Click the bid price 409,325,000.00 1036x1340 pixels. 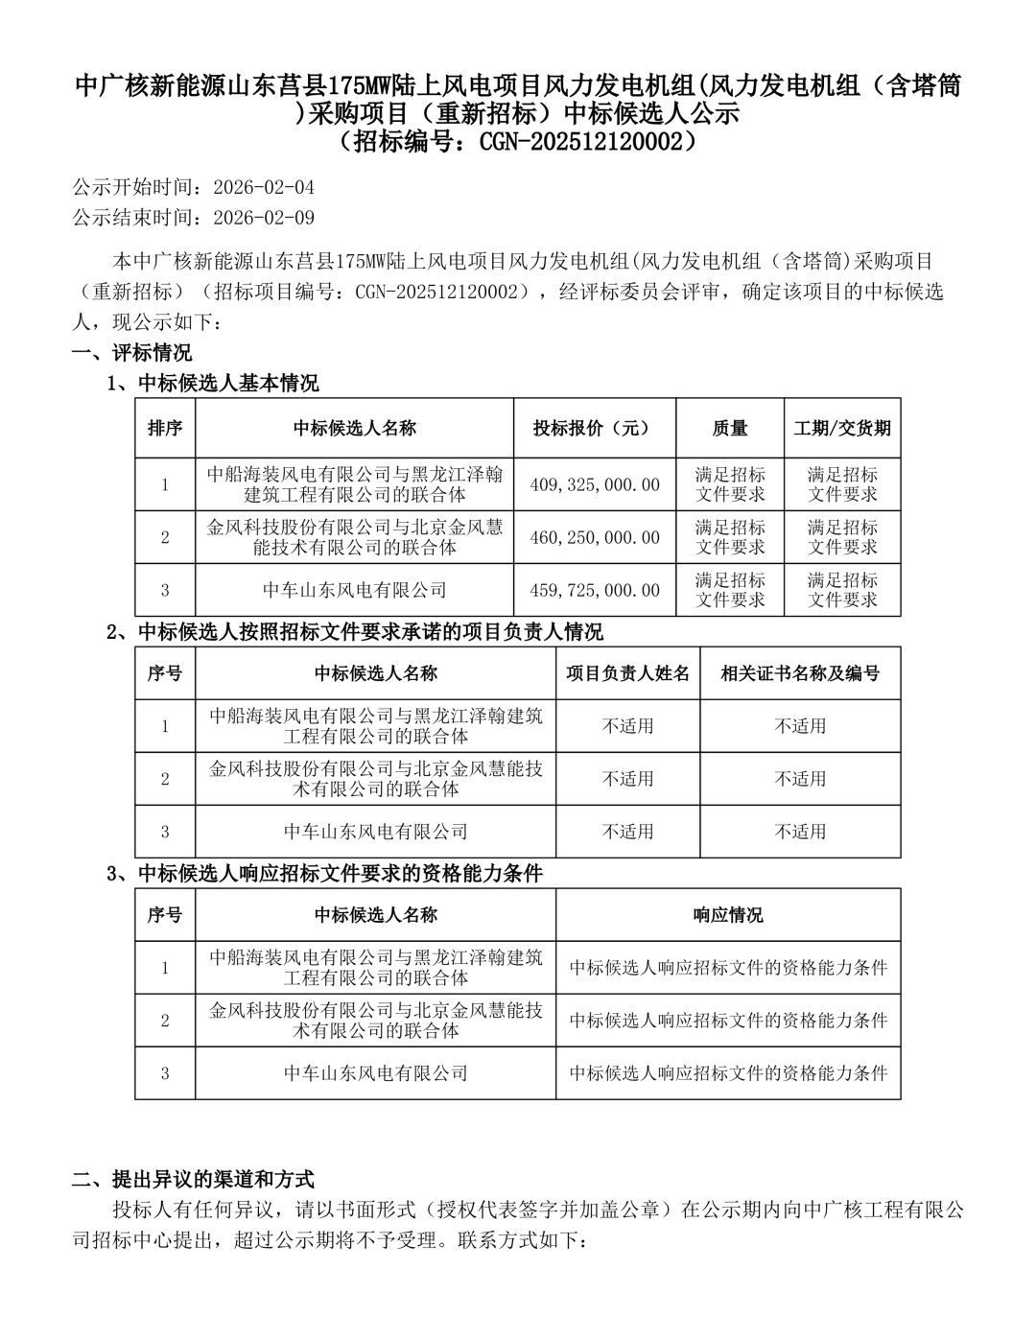click(595, 485)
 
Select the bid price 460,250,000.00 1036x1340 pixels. click(595, 538)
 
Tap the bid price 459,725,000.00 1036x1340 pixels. click(595, 591)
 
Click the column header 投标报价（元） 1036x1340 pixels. click(592, 429)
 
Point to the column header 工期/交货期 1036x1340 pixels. click(842, 429)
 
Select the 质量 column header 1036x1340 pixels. click(730, 429)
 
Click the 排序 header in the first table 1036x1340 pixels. click(165, 429)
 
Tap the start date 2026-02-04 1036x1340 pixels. click(264, 187)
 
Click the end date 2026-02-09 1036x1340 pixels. click(264, 218)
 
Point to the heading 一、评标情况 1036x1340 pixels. click(132, 353)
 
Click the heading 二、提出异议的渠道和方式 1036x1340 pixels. click(194, 1179)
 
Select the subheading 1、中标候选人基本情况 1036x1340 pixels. click(212, 384)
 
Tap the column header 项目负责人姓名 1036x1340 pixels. click(627, 673)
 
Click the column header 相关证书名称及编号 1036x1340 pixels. click(800, 673)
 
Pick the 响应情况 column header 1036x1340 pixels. click(728, 915)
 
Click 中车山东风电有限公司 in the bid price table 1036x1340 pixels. click(355, 591)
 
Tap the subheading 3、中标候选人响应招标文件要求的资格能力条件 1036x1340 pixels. click(325, 873)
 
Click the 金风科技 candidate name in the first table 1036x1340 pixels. click(355, 538)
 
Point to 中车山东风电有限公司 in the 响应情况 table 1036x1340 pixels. click(376, 1073)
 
